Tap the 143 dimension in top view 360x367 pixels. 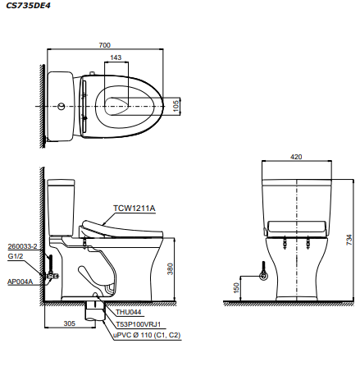116,57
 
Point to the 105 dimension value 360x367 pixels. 176,105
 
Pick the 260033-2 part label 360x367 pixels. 21,245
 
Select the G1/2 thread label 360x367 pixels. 15,256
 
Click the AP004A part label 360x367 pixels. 19,280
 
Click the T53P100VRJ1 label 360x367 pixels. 137,323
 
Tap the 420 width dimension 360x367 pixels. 295,156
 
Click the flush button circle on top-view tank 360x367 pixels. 62,106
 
